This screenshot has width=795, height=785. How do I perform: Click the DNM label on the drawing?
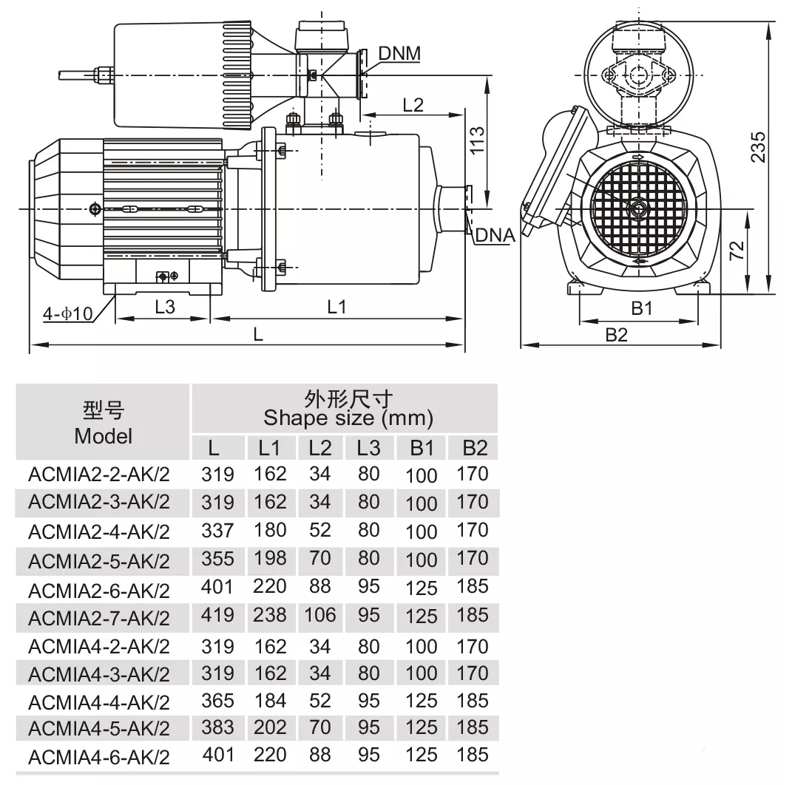point(399,53)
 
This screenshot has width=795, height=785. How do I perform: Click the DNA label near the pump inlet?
point(495,235)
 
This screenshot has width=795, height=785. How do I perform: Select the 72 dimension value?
point(737,251)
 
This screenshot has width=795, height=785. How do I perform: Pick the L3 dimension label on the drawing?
point(165,307)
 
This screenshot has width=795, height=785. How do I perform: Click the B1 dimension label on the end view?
point(641,308)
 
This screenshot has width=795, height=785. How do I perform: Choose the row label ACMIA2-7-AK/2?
point(99,617)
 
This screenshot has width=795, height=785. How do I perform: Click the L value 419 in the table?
point(217,615)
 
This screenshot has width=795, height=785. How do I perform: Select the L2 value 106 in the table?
point(319,615)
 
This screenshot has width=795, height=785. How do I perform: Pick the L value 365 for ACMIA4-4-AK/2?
point(217,700)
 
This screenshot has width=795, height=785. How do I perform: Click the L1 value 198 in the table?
point(270,558)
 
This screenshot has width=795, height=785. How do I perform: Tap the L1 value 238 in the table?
point(270,615)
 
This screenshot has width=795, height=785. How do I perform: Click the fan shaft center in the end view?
point(635,209)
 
